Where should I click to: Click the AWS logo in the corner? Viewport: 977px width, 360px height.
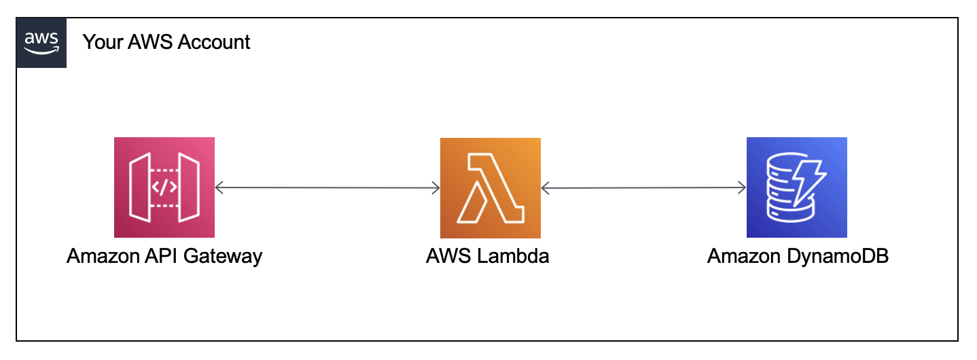coord(41,43)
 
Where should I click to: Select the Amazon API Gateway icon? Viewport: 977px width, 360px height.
coord(164,187)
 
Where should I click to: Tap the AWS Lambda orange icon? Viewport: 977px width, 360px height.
coord(491,187)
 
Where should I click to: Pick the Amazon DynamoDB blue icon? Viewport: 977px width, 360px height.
coord(796,187)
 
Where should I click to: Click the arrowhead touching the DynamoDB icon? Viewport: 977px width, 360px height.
coord(741,187)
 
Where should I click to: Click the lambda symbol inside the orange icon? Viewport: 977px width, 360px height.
coord(491,187)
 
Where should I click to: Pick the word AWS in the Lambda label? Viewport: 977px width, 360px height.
coord(448,257)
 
